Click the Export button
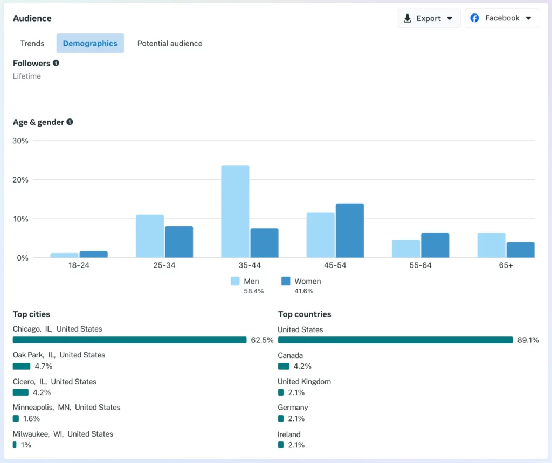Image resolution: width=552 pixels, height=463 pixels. pos(428,18)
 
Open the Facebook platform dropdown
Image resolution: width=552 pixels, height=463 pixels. pos(502,18)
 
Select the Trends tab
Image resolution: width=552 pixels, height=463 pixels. pos(32,43)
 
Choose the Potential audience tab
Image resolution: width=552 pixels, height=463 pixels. pos(170,43)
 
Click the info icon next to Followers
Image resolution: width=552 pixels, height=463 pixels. pos(56,63)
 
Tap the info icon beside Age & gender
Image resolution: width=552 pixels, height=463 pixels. pos(70,122)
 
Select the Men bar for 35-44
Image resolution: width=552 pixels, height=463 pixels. pos(235,212)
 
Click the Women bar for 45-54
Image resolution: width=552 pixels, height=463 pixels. pos(349,230)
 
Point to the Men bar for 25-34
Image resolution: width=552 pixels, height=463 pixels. pos(150,236)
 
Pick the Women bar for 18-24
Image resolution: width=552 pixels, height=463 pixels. pos(94,255)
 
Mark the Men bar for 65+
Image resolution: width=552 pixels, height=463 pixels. pos(492,245)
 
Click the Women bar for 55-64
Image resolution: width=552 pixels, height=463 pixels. pos(435,245)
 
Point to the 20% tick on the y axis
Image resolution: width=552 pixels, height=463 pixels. pos(20,180)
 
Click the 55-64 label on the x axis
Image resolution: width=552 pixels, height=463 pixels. pos(420,265)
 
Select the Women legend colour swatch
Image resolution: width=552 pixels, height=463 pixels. pos(286,281)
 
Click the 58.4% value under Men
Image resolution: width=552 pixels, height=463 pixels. pos(254,291)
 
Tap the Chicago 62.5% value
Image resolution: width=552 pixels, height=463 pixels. pos(263,340)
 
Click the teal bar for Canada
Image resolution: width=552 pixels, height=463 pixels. pos(284,366)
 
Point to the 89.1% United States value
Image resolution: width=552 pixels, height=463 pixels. pos(528,340)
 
